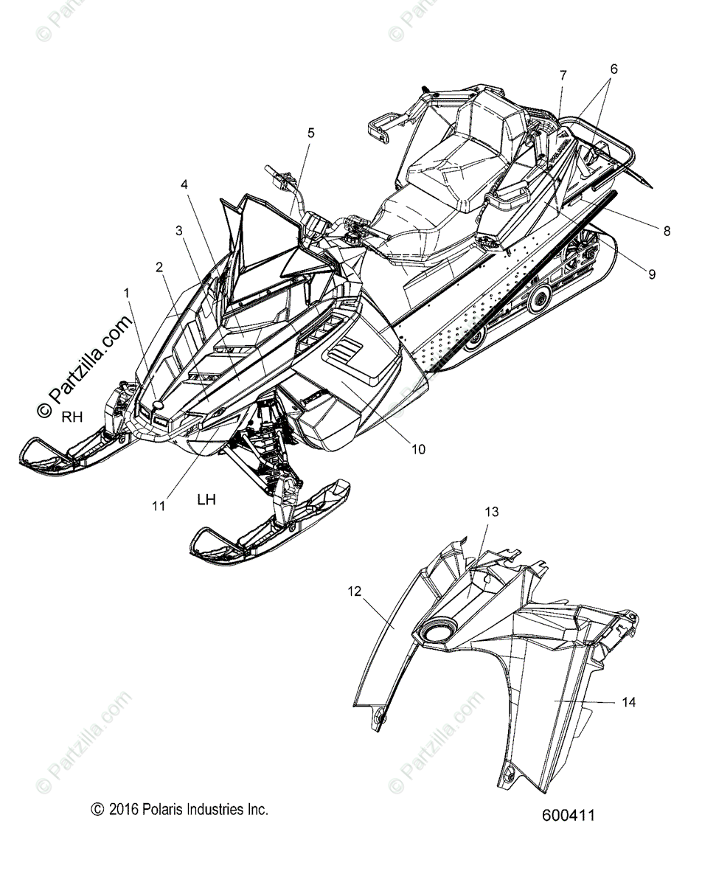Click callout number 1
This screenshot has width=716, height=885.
point(126,293)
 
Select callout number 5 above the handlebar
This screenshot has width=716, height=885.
point(310,133)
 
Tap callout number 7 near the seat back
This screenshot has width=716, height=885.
point(563,75)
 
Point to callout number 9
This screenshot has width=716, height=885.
point(652,274)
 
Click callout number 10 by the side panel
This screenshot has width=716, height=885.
point(418,448)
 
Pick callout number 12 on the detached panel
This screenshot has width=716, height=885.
point(355,591)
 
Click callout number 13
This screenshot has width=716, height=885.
point(492,511)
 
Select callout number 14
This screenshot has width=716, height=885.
point(628,702)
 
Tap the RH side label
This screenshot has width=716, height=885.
point(72,417)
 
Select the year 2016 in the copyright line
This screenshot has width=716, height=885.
point(122,810)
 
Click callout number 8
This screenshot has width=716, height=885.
point(667,230)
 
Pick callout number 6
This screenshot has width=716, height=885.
point(614,69)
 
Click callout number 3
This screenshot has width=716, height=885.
point(179,230)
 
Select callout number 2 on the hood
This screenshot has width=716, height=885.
point(159,268)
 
